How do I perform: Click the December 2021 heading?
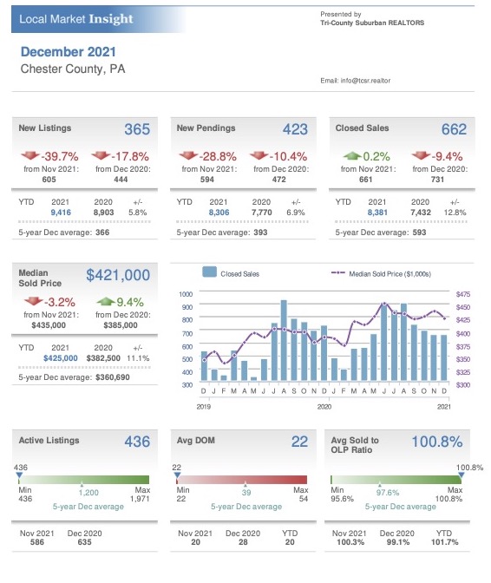[68, 52]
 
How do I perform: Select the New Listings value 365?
[137, 129]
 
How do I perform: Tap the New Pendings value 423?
[295, 129]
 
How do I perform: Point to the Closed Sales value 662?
[454, 129]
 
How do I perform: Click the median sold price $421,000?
[118, 275]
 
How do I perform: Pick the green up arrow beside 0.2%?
[351, 155]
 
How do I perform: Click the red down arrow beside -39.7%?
[30, 155]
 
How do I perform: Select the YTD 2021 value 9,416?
[61, 213]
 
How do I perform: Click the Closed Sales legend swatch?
[209, 272]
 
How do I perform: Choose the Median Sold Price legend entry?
[381, 274]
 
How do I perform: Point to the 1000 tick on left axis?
[186, 294]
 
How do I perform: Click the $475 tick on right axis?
[463, 294]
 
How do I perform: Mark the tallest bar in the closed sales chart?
[284, 340]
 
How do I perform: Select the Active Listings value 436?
[137, 442]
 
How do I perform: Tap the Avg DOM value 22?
[299, 442]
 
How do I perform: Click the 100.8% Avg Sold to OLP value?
[437, 442]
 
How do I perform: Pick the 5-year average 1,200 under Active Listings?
[88, 493]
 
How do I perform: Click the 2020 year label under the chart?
[324, 407]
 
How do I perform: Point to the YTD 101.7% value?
[444, 541]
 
